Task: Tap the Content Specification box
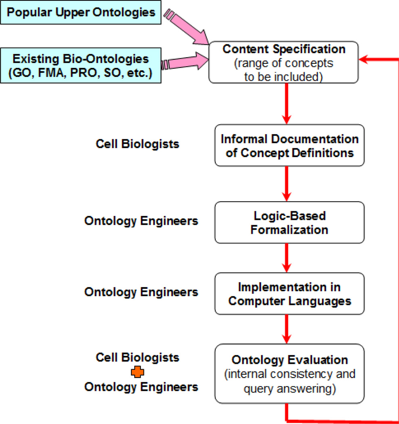(x=284, y=62)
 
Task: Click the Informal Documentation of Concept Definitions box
(x=289, y=146)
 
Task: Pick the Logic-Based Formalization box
(x=289, y=222)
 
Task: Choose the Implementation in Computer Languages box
(x=289, y=294)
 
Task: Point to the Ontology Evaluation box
(x=289, y=373)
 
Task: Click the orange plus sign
(x=138, y=373)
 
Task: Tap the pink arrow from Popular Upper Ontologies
(x=189, y=29)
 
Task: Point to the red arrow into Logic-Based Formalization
(x=286, y=184)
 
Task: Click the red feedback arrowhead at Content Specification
(x=365, y=60)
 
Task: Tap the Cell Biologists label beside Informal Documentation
(x=138, y=144)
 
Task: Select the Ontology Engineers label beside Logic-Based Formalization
(x=141, y=221)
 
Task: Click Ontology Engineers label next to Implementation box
(x=141, y=292)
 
